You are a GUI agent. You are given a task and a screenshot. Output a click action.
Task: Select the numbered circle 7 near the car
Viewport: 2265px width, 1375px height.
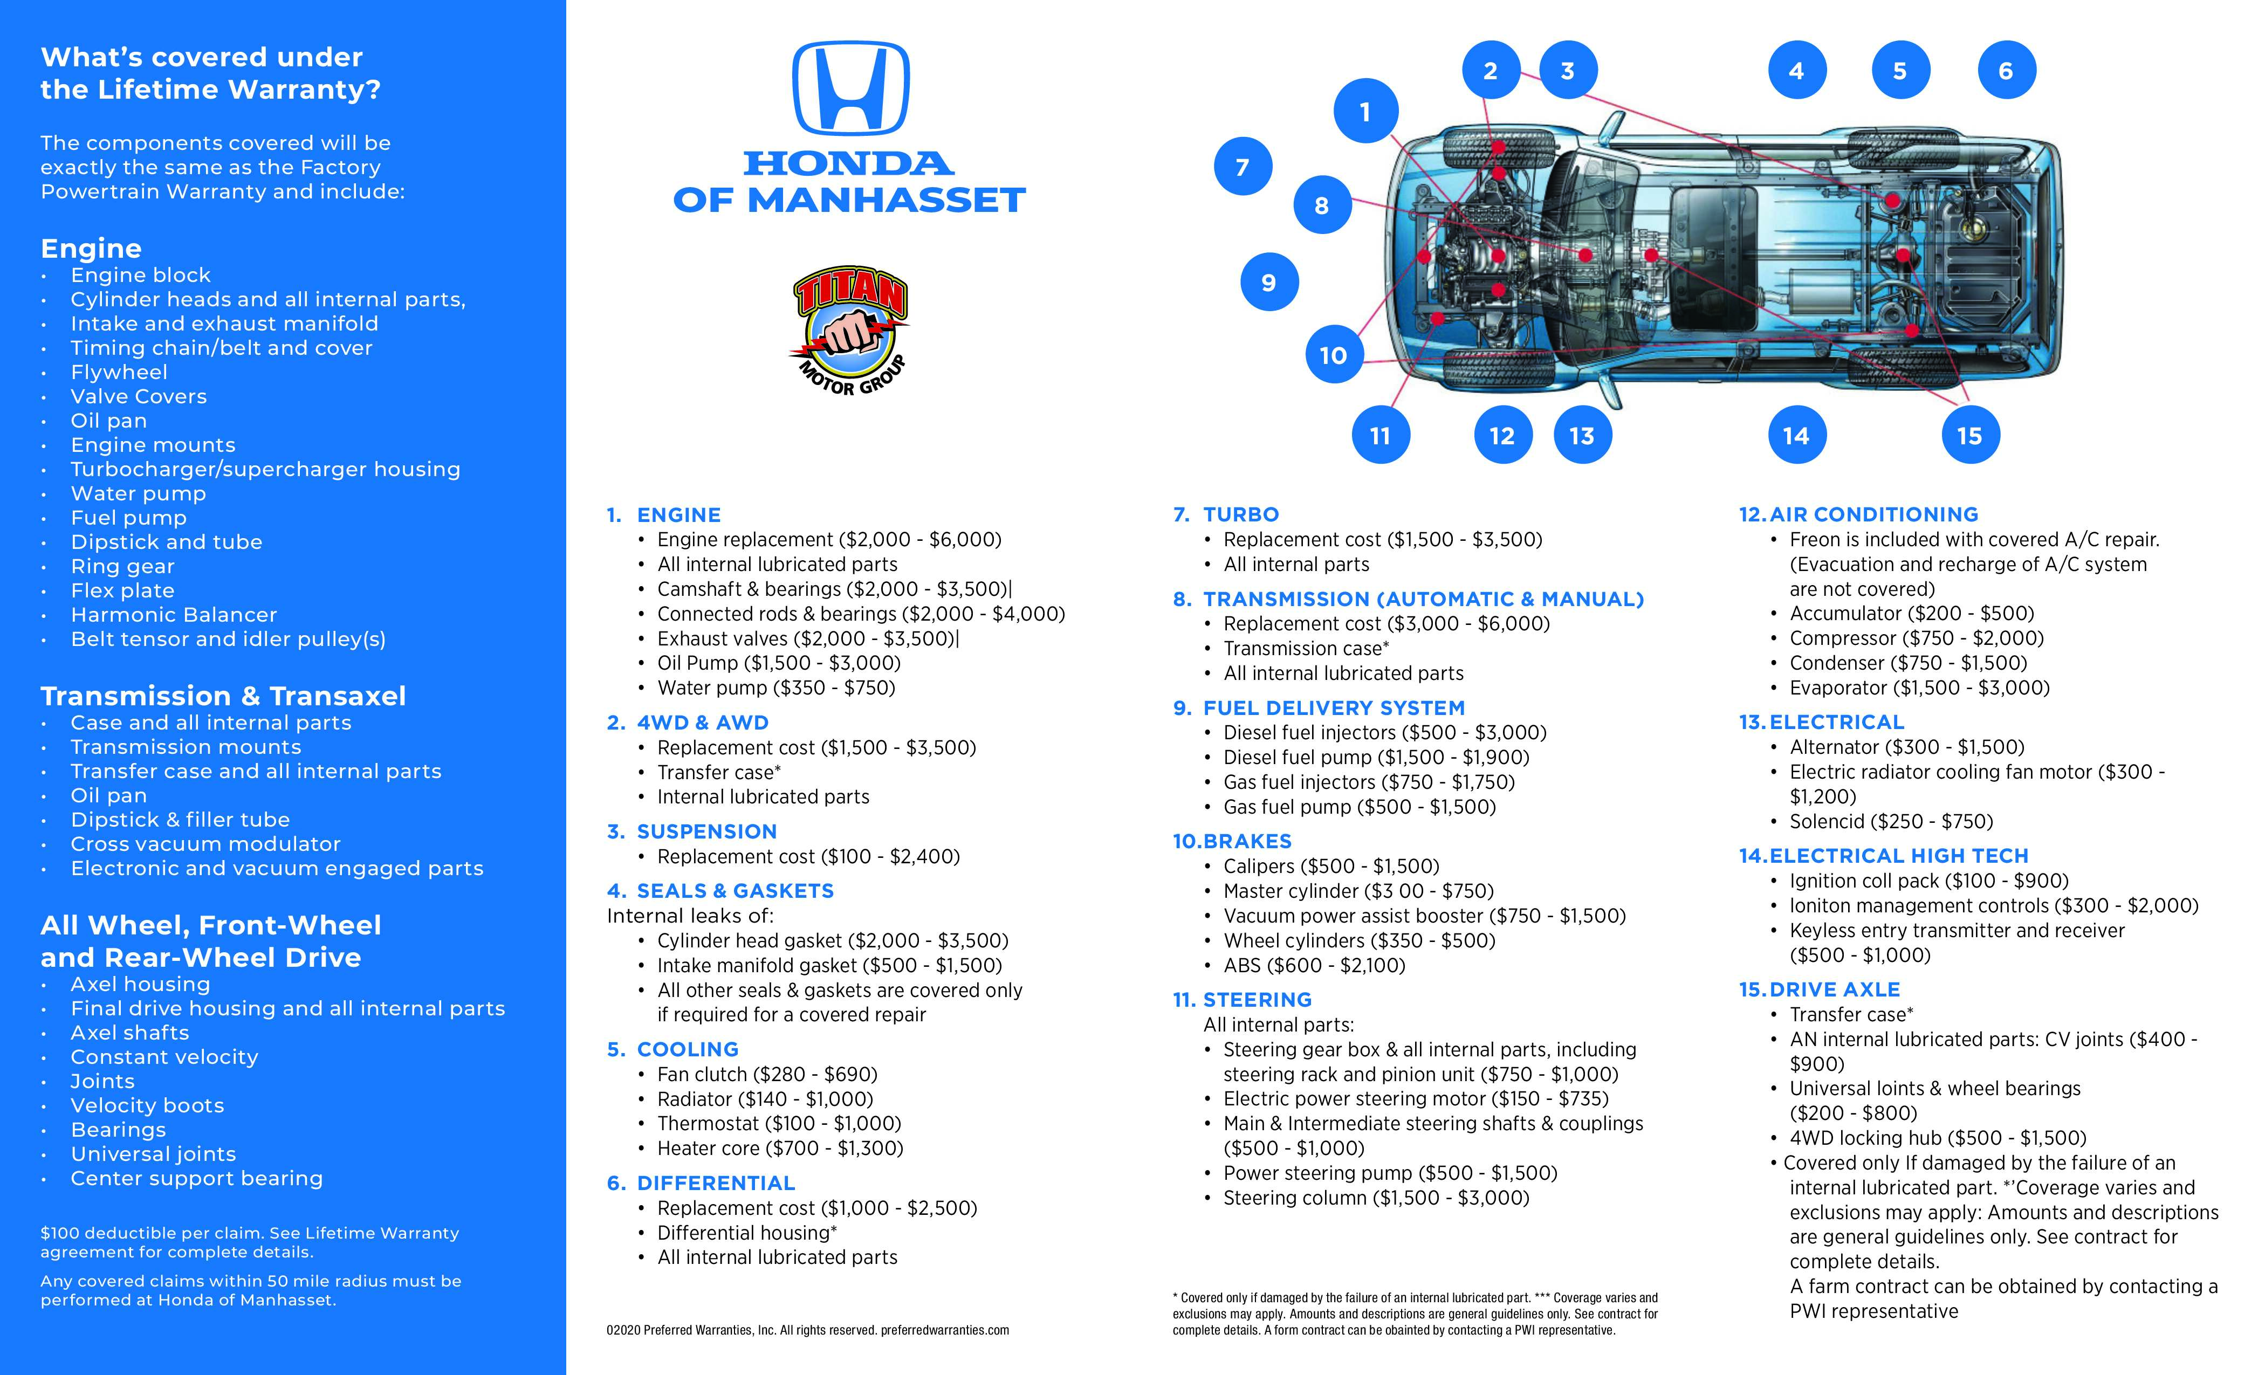pyautogui.click(x=1243, y=167)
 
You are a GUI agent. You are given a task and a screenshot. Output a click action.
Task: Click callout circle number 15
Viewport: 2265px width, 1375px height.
pyautogui.click(x=1969, y=436)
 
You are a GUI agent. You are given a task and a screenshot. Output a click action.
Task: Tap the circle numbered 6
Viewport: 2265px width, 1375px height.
pyautogui.click(x=2006, y=71)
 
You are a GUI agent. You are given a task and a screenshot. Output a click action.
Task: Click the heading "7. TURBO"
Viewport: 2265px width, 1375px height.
pyautogui.click(x=1226, y=515)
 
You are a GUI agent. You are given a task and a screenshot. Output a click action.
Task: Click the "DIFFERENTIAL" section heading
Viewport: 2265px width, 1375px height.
pyautogui.click(x=715, y=1183)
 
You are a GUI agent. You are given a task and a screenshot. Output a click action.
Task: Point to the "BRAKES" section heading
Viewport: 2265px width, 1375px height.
pyautogui.click(x=1246, y=841)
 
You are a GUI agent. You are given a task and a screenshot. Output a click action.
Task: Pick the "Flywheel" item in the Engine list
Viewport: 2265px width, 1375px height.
pyautogui.click(x=120, y=372)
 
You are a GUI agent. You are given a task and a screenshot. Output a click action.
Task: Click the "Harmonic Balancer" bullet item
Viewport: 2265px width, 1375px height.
pyautogui.click(x=174, y=615)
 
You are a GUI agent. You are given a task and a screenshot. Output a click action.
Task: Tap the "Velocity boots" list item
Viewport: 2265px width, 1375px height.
pyautogui.click(x=147, y=1106)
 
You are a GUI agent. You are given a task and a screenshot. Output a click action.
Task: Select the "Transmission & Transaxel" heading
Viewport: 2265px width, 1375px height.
pyautogui.click(x=223, y=696)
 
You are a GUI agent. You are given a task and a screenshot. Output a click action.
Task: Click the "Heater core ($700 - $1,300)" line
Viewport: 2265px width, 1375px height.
pyautogui.click(x=779, y=1148)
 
